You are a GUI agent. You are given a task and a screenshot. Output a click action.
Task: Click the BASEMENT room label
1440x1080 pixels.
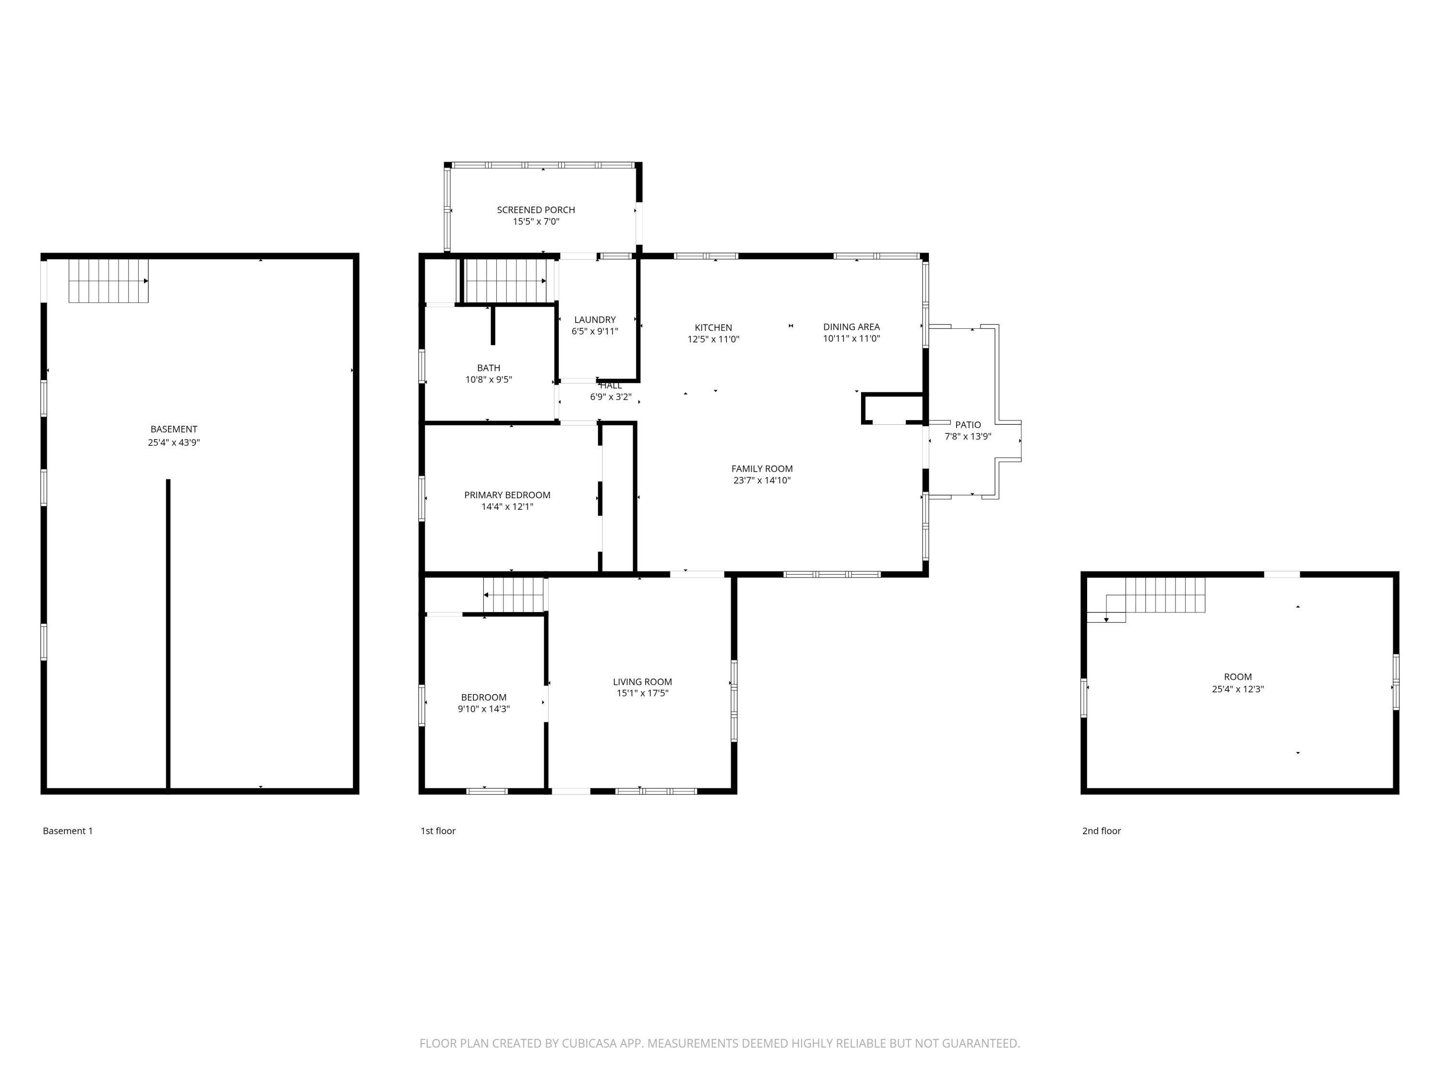point(174,429)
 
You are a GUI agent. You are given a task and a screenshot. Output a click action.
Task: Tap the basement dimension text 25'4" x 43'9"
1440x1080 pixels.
point(174,443)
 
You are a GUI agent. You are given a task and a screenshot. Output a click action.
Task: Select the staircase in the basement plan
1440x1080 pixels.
point(108,281)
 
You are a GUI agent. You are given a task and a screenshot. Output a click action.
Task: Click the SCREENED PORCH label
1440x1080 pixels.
point(536,210)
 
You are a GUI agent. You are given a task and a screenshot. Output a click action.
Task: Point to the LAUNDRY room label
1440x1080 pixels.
point(594,320)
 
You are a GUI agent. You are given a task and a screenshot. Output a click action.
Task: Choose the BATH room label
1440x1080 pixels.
point(488,368)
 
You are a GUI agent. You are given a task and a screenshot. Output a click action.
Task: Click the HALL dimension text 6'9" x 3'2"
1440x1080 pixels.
point(611,396)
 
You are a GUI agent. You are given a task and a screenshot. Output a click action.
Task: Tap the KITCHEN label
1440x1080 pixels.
point(713,327)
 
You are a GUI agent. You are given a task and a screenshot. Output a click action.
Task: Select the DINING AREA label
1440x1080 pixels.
point(851,327)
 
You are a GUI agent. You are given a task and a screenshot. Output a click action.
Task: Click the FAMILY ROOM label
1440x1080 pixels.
point(762,468)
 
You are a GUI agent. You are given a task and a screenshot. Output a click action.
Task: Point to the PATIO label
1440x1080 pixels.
point(967,424)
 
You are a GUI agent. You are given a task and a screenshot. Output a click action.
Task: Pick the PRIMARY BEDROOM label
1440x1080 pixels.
point(507,495)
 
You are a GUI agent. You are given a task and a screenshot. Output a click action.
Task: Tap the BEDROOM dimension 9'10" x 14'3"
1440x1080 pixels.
point(484,709)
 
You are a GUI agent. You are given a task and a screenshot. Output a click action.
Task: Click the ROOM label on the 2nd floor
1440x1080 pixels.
point(1237,676)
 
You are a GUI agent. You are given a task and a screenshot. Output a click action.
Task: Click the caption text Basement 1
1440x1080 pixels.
point(68,831)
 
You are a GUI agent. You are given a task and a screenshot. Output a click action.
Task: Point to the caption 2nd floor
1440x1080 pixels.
point(1102,831)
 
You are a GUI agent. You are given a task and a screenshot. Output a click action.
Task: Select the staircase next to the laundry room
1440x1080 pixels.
point(506,281)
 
